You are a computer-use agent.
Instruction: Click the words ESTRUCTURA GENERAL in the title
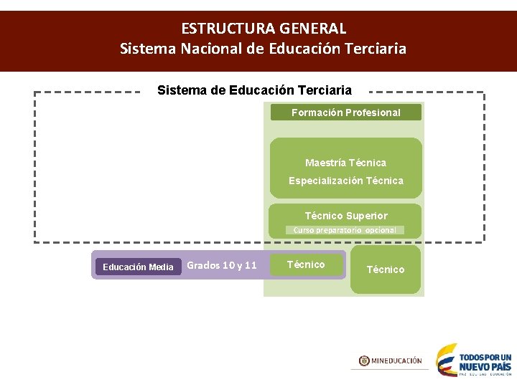pos(264,29)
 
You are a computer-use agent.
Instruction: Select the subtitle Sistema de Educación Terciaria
pos(254,90)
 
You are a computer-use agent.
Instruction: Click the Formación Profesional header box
pos(345,113)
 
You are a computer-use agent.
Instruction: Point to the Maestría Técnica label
pos(345,163)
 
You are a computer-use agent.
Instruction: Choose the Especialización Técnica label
pos(345,181)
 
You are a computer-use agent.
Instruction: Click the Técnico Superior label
pos(345,216)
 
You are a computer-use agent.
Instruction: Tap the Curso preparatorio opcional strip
pos(345,230)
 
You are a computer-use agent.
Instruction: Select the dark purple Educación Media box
pos(138,267)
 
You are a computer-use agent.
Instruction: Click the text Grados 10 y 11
pos(221,265)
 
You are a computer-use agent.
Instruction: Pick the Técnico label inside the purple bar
pos(306,264)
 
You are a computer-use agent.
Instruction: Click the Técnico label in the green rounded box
pos(386,269)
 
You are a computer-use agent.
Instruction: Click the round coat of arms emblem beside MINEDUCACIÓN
pos(364,360)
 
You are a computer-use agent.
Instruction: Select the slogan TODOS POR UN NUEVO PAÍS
pos(485,362)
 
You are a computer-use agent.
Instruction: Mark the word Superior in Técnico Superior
pos(366,216)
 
